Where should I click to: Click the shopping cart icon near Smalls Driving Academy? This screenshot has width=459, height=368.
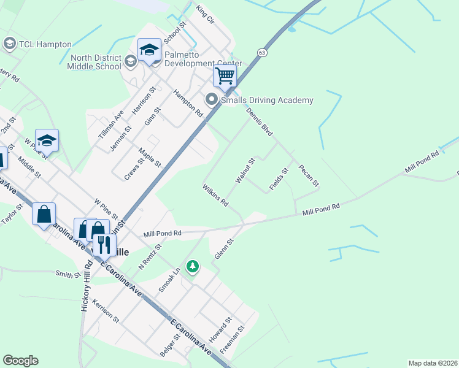[x=225, y=77]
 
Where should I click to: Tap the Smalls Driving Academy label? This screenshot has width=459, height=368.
[x=267, y=100]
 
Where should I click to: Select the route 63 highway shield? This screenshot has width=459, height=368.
[x=262, y=53]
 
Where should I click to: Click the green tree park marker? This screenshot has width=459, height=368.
[x=193, y=266]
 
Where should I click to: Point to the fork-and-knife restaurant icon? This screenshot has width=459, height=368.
[x=104, y=243]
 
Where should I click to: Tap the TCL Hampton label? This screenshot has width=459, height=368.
[x=45, y=44]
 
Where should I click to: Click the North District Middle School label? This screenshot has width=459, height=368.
[x=96, y=61]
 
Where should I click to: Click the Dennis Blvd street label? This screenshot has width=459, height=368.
[x=259, y=122]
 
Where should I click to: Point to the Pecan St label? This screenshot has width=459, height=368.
[x=309, y=175]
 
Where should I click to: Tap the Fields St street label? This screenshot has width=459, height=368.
[x=279, y=178]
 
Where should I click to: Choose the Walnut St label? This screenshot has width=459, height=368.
[x=245, y=171]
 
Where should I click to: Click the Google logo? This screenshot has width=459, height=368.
[x=20, y=361]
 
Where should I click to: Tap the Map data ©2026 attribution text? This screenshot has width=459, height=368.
[x=432, y=363]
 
